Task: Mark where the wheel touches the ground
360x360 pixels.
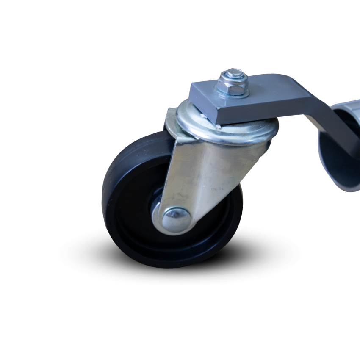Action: coord(178,267)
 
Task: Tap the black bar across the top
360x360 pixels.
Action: coord(180,30)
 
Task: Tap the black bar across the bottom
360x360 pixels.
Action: coord(180,330)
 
